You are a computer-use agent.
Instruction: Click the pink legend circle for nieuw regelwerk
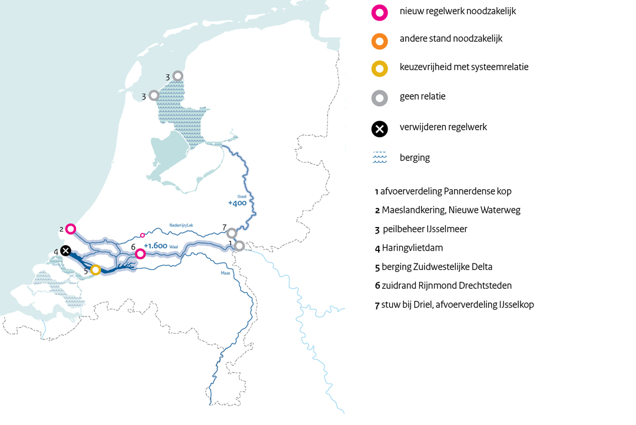(x=380, y=12)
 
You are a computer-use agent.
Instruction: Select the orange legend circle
(x=380, y=41)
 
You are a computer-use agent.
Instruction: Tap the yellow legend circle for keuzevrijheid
(x=380, y=69)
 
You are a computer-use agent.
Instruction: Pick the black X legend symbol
(x=380, y=129)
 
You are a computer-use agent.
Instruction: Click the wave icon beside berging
(x=380, y=158)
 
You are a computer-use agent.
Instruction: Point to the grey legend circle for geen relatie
(x=380, y=98)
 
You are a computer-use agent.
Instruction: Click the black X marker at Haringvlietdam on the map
(x=66, y=251)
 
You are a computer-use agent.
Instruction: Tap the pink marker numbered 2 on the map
(x=71, y=229)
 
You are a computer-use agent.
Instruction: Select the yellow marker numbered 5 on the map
(x=95, y=270)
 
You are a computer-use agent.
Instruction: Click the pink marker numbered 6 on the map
(x=140, y=254)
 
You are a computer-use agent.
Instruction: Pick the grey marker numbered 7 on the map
(x=232, y=233)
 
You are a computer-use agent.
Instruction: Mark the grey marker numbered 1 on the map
(x=239, y=246)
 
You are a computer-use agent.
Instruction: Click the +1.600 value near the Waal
(x=155, y=246)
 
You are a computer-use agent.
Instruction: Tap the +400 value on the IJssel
(x=237, y=203)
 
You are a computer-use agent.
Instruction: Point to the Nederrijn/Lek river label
(x=181, y=225)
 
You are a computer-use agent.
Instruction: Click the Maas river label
(x=225, y=273)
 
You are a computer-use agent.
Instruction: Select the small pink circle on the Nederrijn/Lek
(x=143, y=235)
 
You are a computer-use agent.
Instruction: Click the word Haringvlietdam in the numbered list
(x=412, y=248)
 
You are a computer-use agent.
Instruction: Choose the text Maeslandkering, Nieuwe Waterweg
(x=450, y=210)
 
